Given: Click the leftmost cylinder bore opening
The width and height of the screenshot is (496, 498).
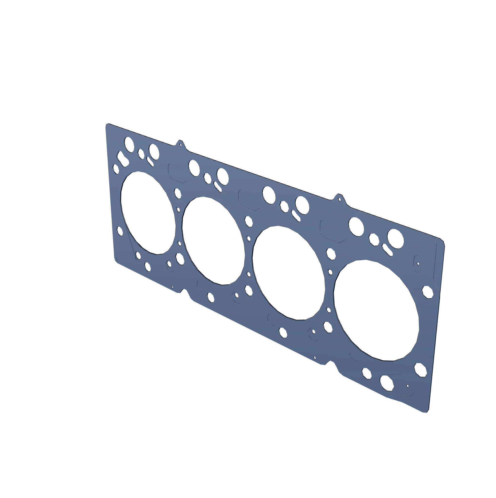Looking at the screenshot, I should [x=148, y=213].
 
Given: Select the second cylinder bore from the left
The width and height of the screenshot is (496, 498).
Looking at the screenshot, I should [x=214, y=241].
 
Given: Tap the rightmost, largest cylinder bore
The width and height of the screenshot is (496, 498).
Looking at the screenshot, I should [x=376, y=310].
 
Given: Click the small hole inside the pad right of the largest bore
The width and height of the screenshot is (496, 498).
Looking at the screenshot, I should [x=418, y=264].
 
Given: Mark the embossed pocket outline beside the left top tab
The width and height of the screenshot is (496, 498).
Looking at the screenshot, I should [x=177, y=173].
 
